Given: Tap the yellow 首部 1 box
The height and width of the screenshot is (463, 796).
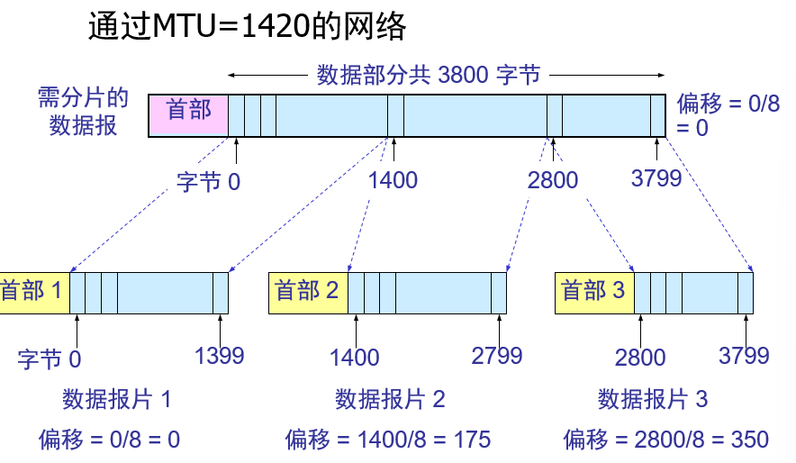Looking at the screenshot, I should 33,291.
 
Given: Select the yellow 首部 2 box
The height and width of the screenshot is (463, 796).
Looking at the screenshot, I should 308,291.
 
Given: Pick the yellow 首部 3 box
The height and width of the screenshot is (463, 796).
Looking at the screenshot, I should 594,291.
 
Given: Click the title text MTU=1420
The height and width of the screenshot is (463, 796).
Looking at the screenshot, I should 247,28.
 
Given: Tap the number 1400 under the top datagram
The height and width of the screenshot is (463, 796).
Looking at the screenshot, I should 393,180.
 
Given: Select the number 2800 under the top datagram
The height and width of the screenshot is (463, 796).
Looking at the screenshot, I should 553,180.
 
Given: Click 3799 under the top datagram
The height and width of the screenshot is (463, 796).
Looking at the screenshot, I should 656,178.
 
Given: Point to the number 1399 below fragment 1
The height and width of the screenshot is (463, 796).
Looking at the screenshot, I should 219,356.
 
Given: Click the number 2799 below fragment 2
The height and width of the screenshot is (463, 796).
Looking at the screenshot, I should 497,356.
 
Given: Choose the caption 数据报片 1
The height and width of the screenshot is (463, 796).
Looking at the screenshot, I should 116,399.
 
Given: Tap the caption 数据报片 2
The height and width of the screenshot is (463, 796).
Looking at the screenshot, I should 390,399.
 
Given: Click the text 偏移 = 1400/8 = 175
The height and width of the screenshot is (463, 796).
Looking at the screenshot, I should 388,440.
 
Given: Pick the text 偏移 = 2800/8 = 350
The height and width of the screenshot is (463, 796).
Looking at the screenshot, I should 665,440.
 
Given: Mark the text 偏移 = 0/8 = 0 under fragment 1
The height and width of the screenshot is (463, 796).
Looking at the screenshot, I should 109,440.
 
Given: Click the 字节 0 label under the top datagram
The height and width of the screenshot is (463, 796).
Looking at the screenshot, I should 208,182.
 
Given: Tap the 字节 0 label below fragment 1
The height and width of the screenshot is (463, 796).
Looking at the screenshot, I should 49,359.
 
